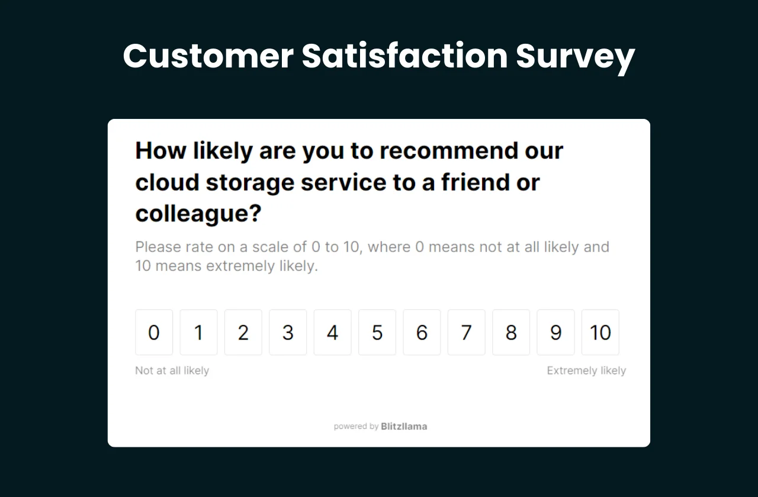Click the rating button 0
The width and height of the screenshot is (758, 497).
pyautogui.click(x=154, y=333)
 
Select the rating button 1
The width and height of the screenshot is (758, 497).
pyautogui.click(x=198, y=333)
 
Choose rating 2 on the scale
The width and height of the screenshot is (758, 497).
pyautogui.click(x=243, y=333)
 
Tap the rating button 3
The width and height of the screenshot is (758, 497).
pyautogui.click(x=288, y=333)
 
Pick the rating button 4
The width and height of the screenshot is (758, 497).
pyautogui.click(x=333, y=333)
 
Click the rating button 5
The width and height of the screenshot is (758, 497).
pyautogui.click(x=377, y=333)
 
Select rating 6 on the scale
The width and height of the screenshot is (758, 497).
pyautogui.click(x=422, y=333)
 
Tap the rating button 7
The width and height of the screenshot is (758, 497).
pyautogui.click(x=467, y=333)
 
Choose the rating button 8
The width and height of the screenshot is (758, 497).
pyautogui.click(x=511, y=333)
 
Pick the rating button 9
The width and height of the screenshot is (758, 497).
pyautogui.click(x=555, y=333)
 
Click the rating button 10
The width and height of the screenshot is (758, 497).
pyautogui.click(x=600, y=333)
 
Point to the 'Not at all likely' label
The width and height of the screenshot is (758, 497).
pyautogui.click(x=172, y=371)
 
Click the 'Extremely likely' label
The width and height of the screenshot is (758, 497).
pyautogui.click(x=586, y=371)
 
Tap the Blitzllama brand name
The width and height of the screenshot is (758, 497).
pyautogui.click(x=404, y=426)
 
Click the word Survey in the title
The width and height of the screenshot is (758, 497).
pyautogui.click(x=575, y=57)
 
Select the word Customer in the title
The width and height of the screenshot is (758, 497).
pyautogui.click(x=208, y=57)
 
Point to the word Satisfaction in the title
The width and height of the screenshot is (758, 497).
pyautogui.click(x=404, y=57)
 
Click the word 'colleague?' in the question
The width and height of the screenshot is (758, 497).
pyautogui.click(x=198, y=214)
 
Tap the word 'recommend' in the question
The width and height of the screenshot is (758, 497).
pyautogui.click(x=442, y=151)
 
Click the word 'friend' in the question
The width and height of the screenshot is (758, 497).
pyautogui.click(x=474, y=182)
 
